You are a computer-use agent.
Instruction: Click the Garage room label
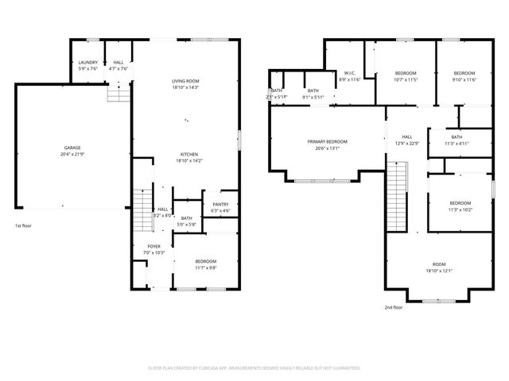click(x=72, y=148)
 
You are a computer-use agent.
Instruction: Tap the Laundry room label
click(x=87, y=63)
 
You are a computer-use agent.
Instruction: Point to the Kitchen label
click(x=188, y=154)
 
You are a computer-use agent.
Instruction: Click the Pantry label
click(x=220, y=205)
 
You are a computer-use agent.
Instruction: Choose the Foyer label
click(x=153, y=247)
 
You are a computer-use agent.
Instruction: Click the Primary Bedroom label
click(x=328, y=141)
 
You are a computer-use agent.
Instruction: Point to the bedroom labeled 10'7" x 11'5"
click(x=406, y=73)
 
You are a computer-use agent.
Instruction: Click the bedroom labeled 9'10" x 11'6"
click(x=464, y=73)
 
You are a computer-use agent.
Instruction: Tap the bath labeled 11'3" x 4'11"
click(x=457, y=137)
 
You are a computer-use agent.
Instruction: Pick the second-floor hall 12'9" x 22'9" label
click(x=407, y=137)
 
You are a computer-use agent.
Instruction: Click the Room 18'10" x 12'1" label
click(x=439, y=265)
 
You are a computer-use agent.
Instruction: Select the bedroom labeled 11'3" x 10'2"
click(x=460, y=203)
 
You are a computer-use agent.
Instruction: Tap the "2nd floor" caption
click(x=394, y=307)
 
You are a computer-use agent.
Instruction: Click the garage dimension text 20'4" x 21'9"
click(x=72, y=153)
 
